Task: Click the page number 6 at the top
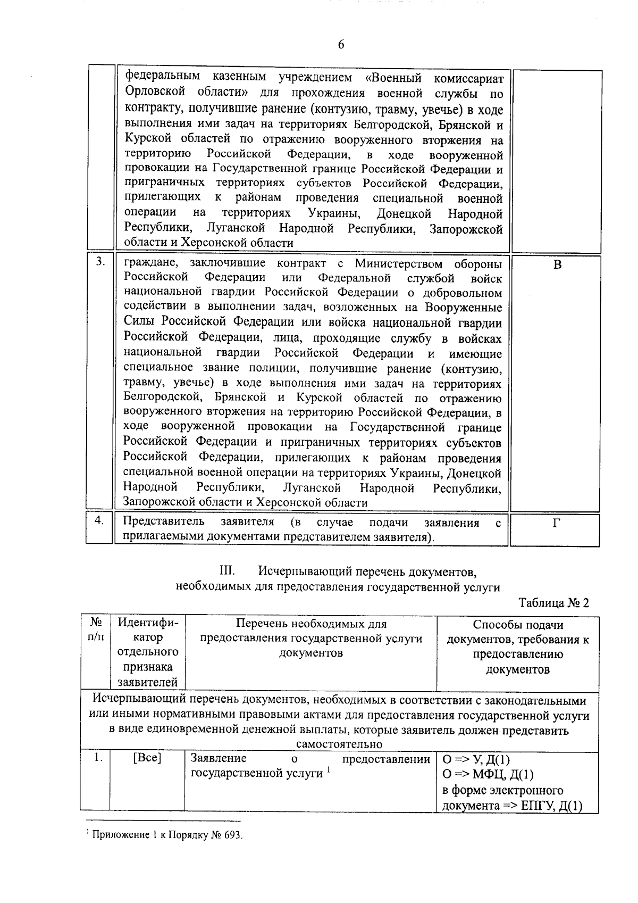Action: (341, 45)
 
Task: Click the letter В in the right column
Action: (557, 264)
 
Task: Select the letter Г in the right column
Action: (556, 524)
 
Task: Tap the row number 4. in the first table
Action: (99, 520)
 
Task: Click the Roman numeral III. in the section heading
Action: (227, 572)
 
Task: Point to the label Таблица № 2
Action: (554, 603)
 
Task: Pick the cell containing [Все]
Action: (147, 758)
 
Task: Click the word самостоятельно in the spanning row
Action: (339, 744)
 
